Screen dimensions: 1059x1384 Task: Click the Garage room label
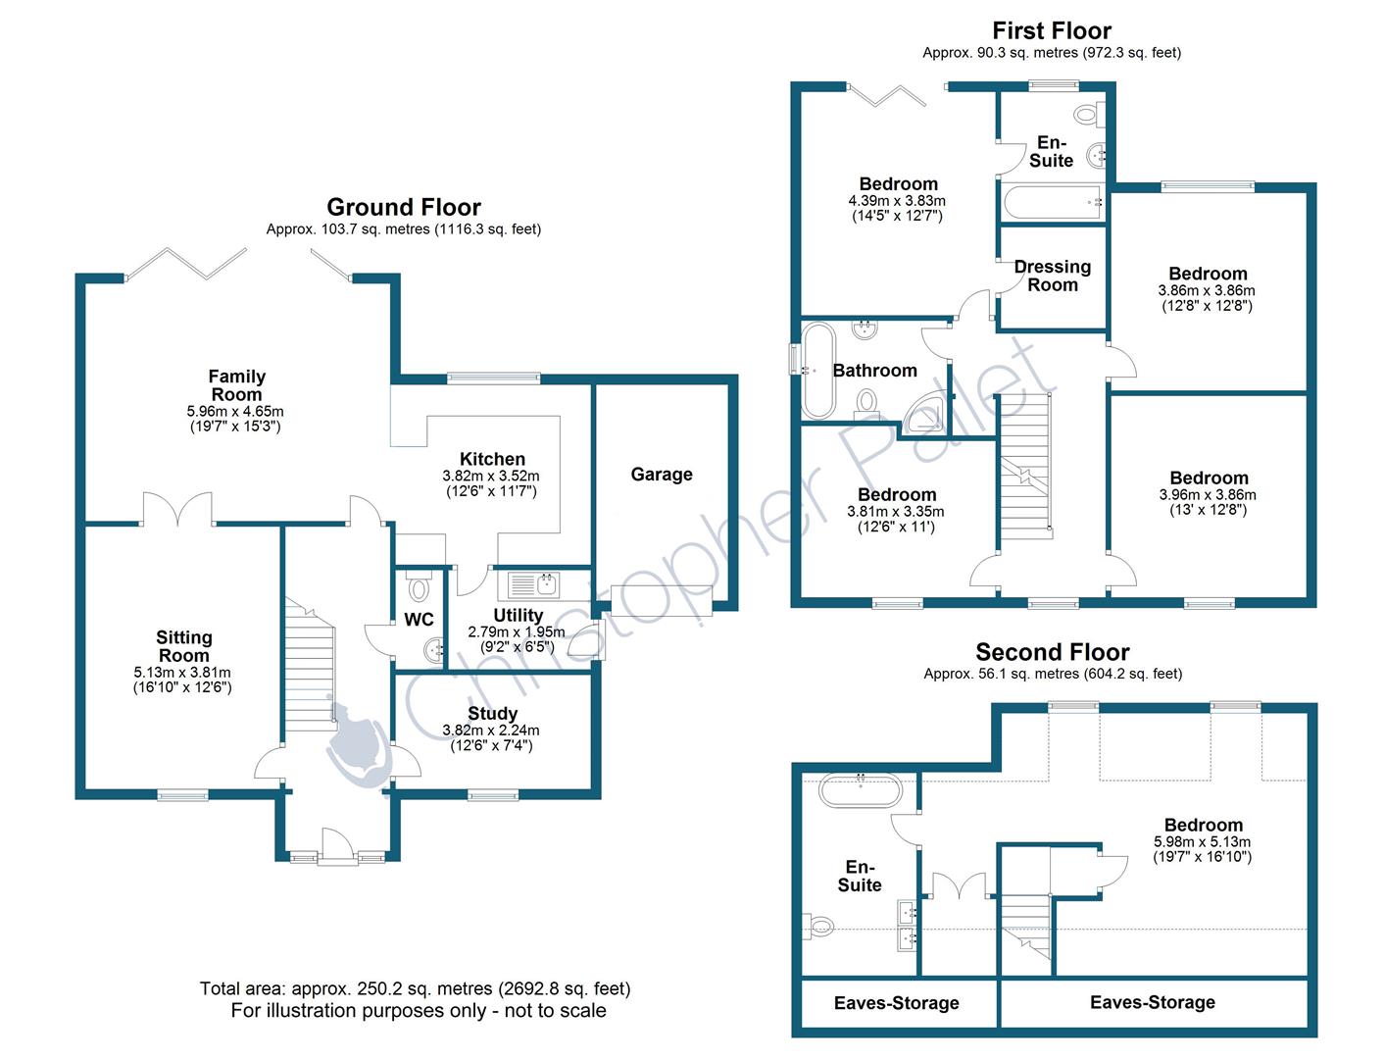662,475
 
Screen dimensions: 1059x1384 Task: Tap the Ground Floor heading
404,207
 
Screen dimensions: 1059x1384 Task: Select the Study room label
492,714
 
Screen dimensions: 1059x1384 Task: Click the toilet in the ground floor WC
420,587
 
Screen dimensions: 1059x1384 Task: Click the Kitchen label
492,459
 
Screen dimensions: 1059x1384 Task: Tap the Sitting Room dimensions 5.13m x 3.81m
182,673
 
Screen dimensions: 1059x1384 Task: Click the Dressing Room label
1052,276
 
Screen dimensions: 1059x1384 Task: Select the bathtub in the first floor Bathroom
817,371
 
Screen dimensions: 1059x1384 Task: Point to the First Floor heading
1052,30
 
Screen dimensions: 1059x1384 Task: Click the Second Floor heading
1053,652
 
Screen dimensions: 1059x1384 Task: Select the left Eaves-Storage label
896,1003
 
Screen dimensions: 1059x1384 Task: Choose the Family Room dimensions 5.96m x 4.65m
235,412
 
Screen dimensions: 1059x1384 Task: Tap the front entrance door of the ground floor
335,843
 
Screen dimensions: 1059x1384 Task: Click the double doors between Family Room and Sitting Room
178,509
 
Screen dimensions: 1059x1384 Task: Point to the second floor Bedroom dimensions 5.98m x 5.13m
1202,841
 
